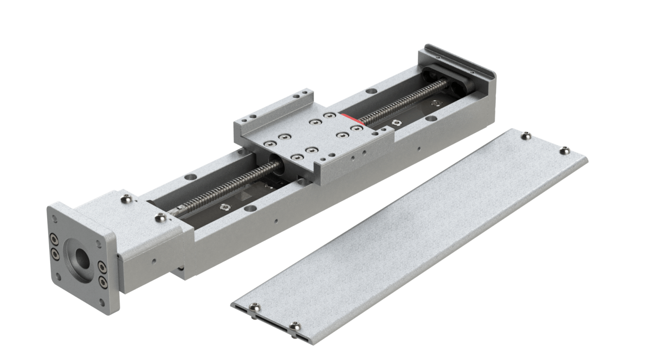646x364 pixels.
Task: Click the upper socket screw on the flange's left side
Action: tap(54, 238)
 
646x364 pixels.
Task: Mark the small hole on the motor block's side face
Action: tap(155, 261)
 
